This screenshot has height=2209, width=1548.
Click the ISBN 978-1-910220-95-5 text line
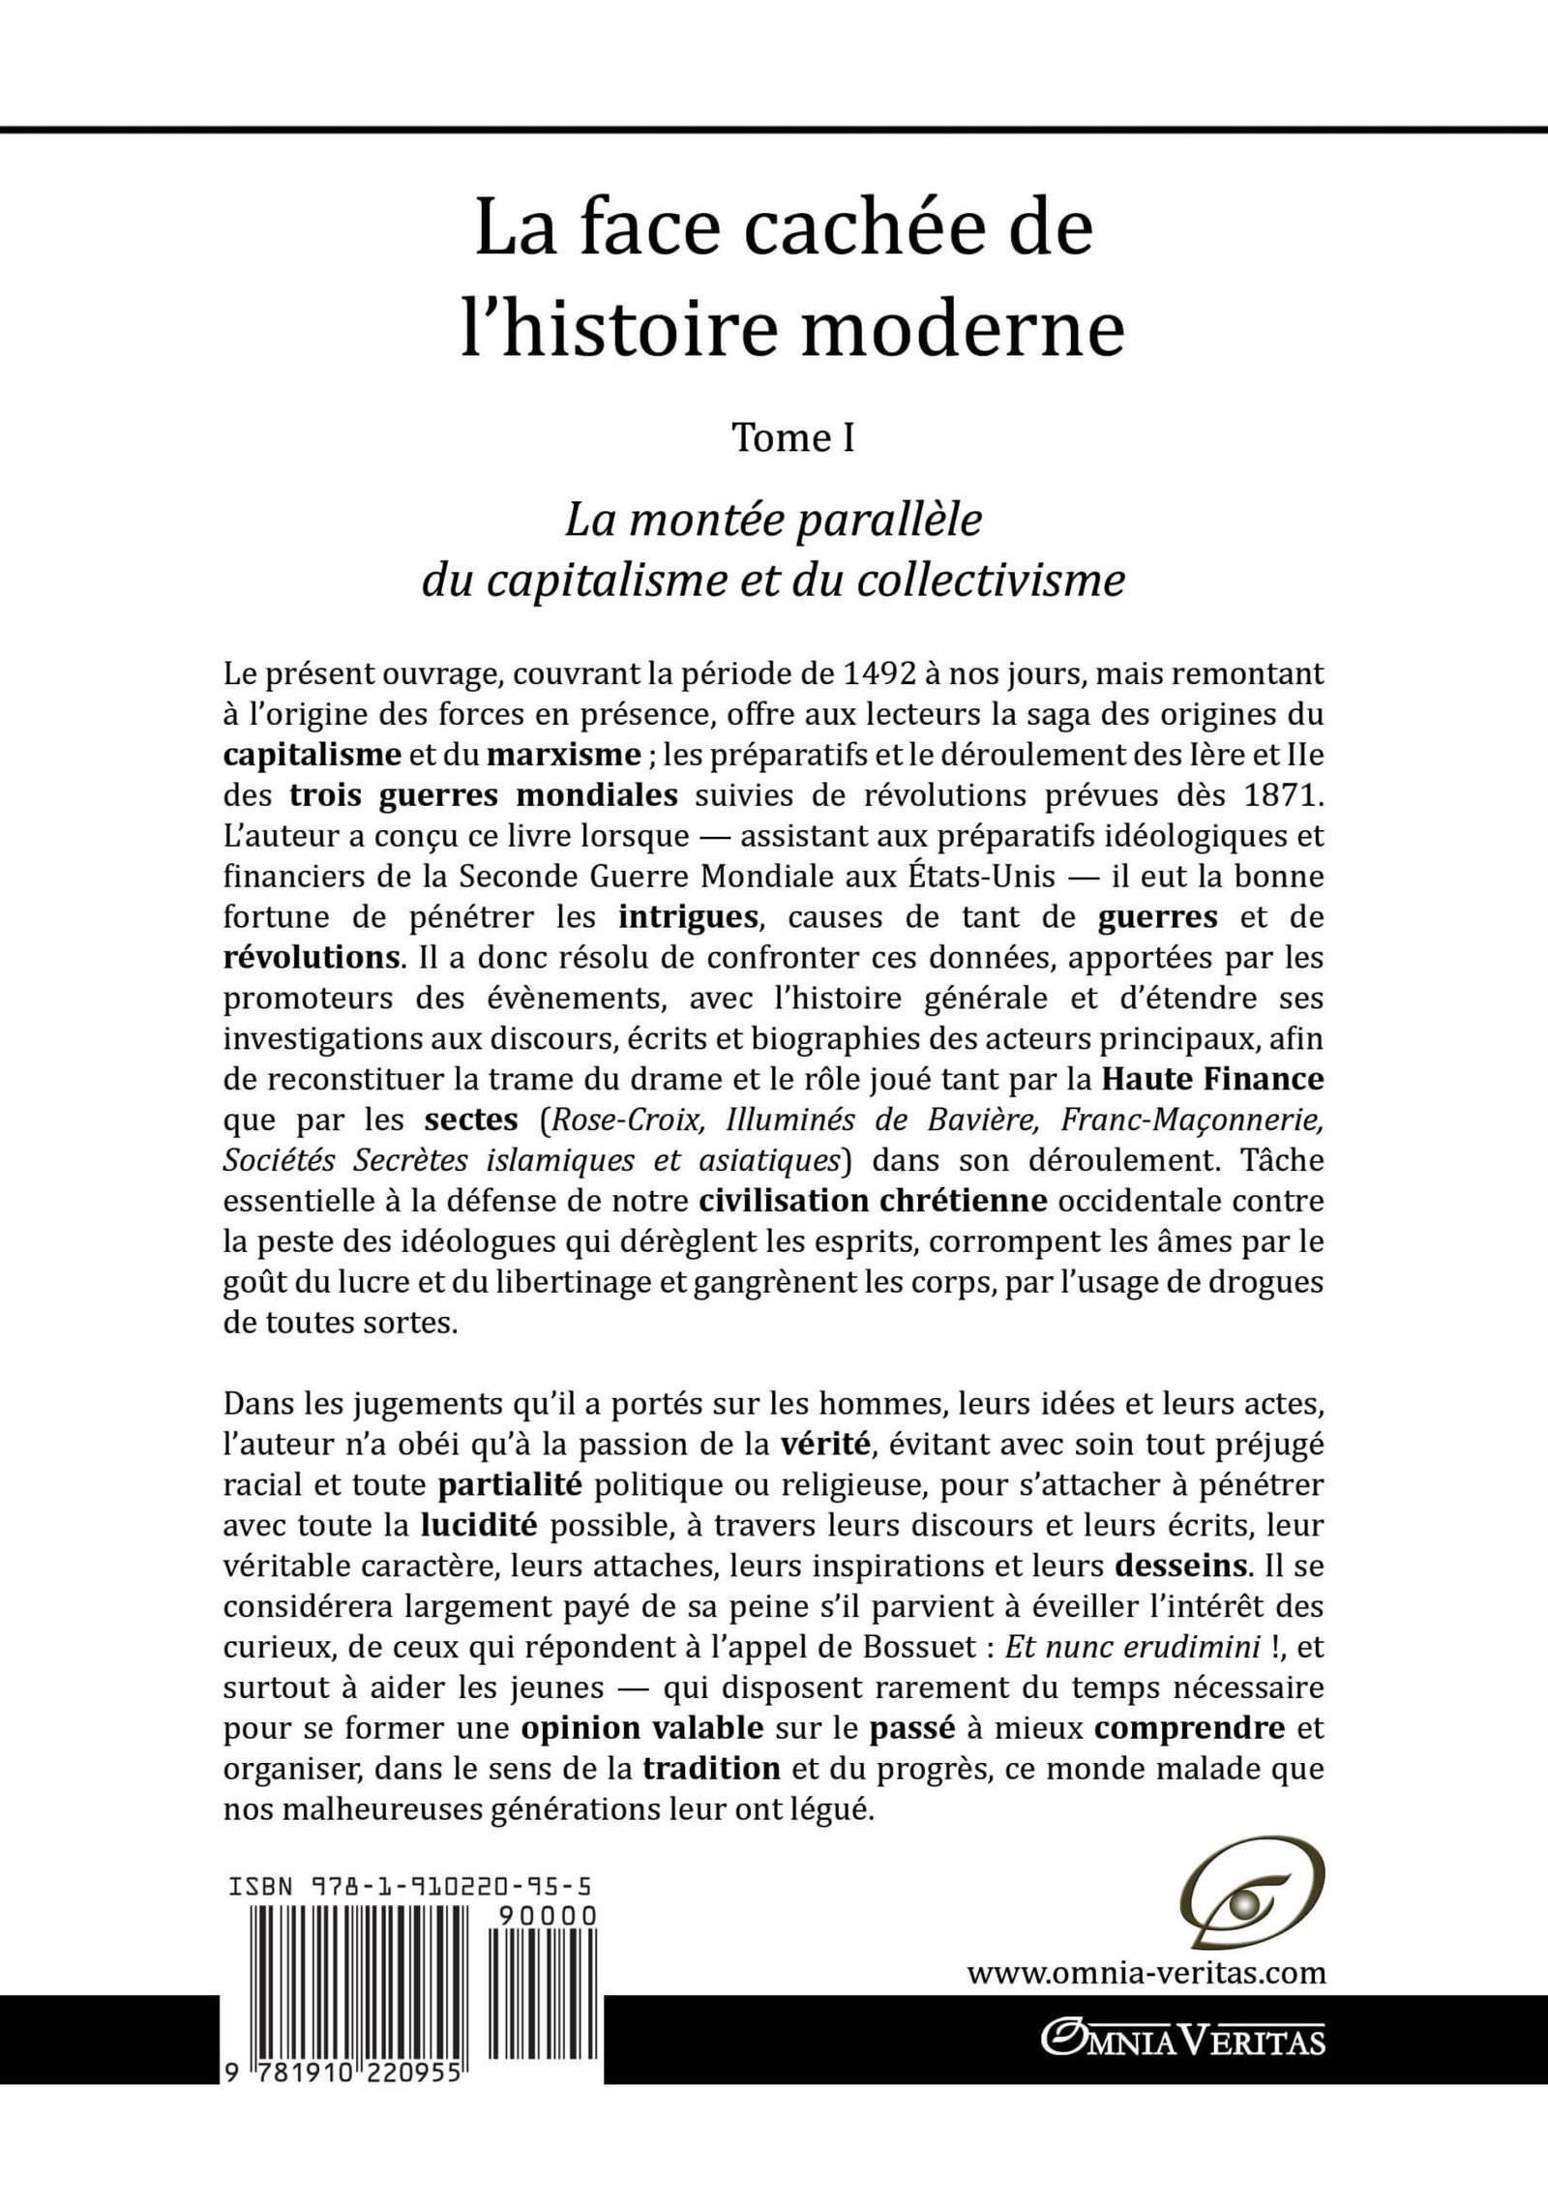[x=412, y=1887]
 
